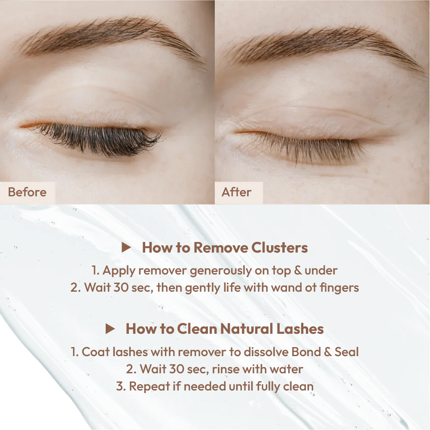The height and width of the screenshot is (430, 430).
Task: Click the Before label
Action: [27, 192]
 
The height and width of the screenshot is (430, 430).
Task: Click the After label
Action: [236, 192]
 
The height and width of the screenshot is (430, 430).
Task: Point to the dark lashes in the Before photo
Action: [96, 138]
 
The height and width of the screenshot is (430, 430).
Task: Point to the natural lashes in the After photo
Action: [305, 147]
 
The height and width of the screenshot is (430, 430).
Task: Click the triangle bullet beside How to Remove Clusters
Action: [126, 247]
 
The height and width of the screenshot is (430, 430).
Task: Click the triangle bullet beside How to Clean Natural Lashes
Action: [110, 329]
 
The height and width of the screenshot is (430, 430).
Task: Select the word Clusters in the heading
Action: [280, 247]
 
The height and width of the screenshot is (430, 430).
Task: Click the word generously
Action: [221, 271]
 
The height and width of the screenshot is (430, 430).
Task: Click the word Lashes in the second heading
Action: [300, 329]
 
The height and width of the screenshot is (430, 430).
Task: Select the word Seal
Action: [347, 352]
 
